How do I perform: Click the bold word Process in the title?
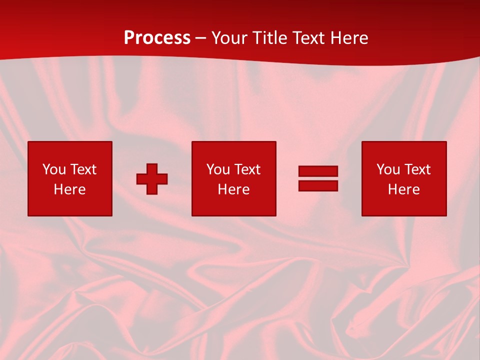pyautogui.click(x=157, y=38)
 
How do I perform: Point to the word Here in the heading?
pyautogui.click(x=349, y=38)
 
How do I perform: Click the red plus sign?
pyautogui.click(x=152, y=179)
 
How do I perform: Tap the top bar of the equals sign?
pyautogui.click(x=318, y=171)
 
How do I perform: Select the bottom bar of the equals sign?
pyautogui.click(x=318, y=185)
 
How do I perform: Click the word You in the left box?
pyautogui.click(x=54, y=169)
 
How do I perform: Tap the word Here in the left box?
pyautogui.click(x=69, y=189)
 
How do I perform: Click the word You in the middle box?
pyautogui.click(x=218, y=169)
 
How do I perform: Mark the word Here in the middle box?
pyautogui.click(x=233, y=189)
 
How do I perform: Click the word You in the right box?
pyautogui.click(x=388, y=169)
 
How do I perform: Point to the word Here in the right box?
pyautogui.click(x=403, y=189)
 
